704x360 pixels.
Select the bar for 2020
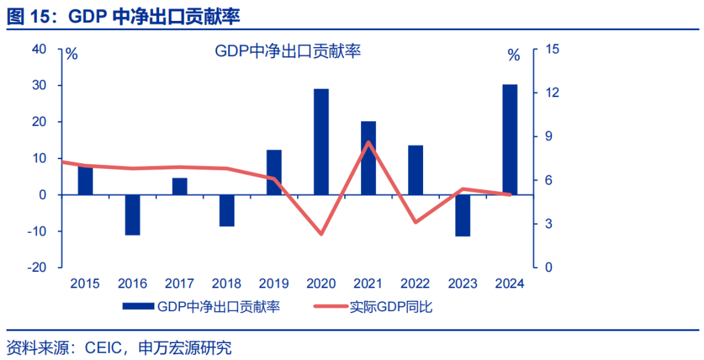pyautogui.click(x=321, y=142)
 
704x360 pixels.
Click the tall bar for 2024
pyautogui.click(x=510, y=140)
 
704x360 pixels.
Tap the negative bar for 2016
pyautogui.click(x=132, y=215)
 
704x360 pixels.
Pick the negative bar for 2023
pyautogui.click(x=463, y=215)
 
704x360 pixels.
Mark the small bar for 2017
pyautogui.click(x=180, y=186)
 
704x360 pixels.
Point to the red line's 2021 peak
pyautogui.click(x=369, y=142)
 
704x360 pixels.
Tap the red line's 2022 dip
pyautogui.click(x=416, y=222)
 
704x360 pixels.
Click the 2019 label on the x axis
pyautogui.click(x=274, y=284)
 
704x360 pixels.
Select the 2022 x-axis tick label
pyautogui.click(x=415, y=284)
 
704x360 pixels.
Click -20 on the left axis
pyautogui.click(x=36, y=267)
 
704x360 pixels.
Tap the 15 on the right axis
pyautogui.click(x=552, y=50)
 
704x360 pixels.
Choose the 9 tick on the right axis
pyautogui.click(x=548, y=136)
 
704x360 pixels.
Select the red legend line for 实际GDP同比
pyautogui.click(x=330, y=307)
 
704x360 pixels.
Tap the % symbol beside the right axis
pyautogui.click(x=514, y=55)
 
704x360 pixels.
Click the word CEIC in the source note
pyautogui.click(x=103, y=347)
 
